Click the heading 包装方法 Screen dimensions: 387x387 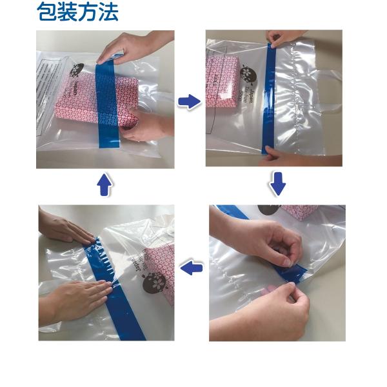77,12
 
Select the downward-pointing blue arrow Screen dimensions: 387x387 277,185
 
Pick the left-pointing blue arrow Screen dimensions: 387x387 192,268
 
